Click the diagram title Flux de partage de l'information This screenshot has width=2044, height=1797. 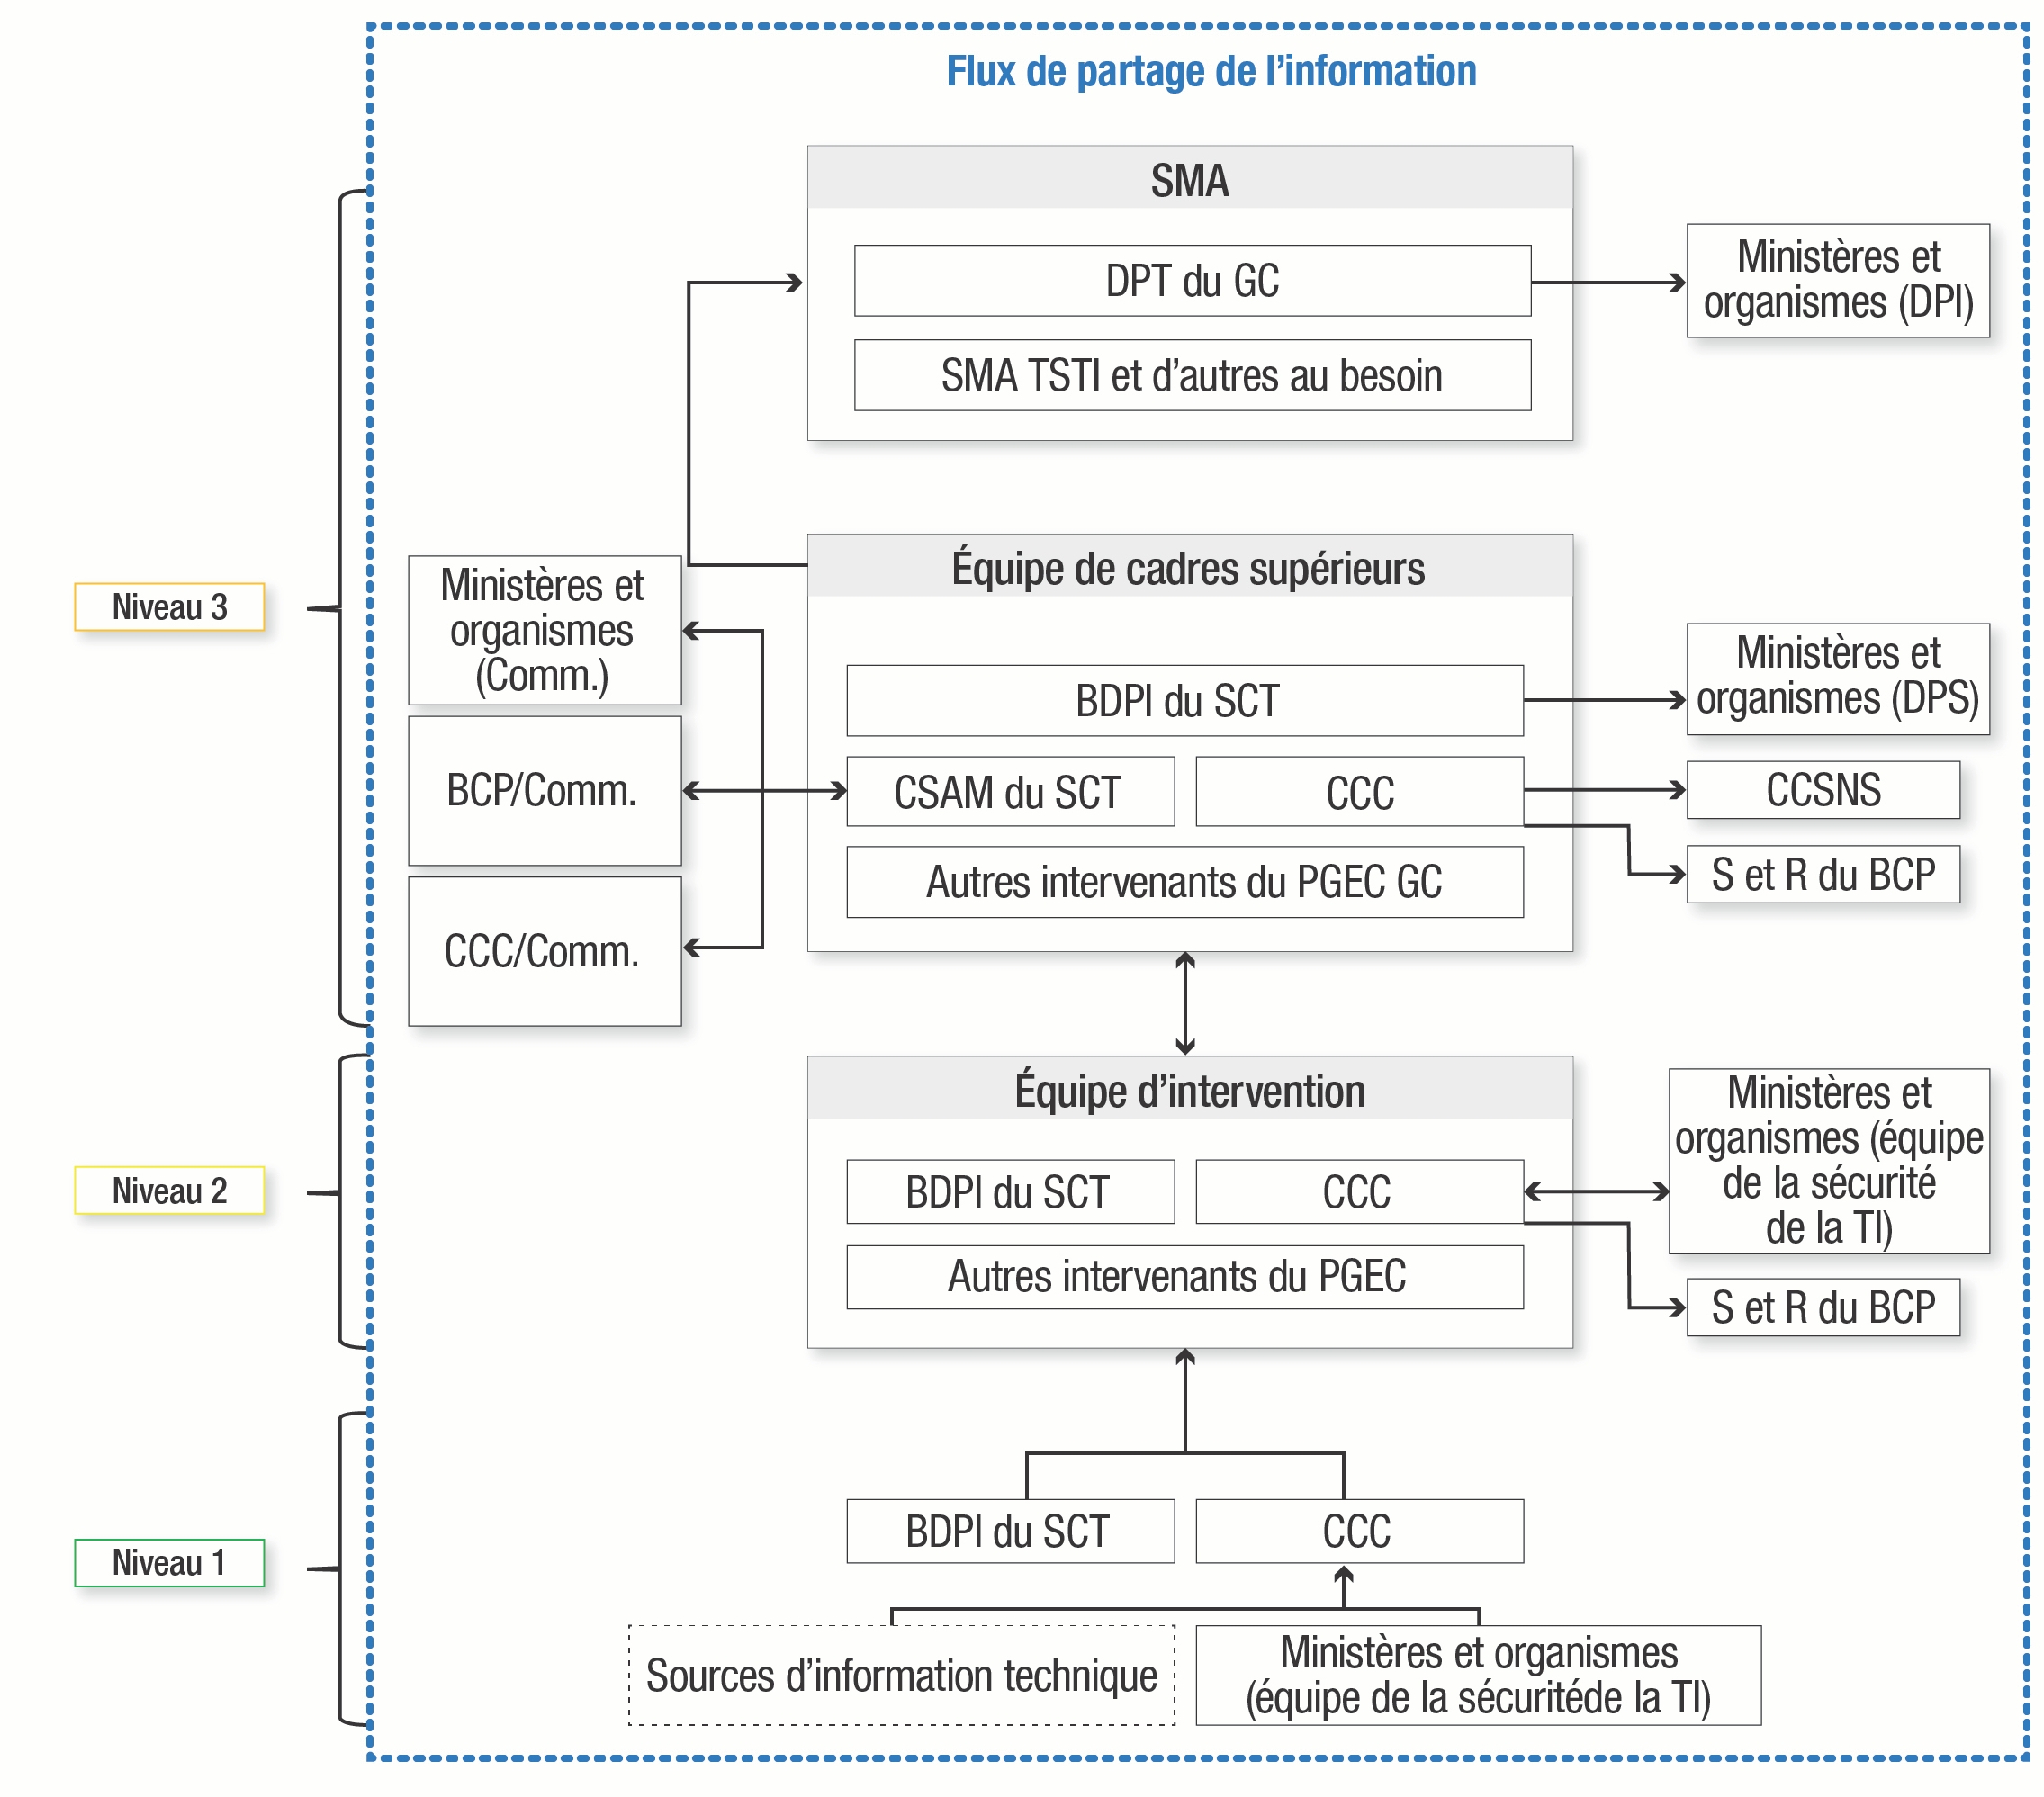1210,72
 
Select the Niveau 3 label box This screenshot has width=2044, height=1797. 169,607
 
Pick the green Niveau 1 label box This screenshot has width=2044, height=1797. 169,1562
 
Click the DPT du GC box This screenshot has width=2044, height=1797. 1192,281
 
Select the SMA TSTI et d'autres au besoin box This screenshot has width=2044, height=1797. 1192,376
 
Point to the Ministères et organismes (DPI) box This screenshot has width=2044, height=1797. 1837,281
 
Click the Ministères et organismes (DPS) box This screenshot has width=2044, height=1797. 1837,679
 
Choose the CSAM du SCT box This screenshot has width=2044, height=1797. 1010,792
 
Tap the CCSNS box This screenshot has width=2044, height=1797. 1822,790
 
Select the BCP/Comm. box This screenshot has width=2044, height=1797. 544,791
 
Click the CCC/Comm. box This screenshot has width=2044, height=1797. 544,951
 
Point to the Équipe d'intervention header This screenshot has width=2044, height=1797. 1189,1090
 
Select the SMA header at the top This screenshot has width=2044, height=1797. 1189,180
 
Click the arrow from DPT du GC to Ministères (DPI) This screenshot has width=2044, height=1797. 1608,283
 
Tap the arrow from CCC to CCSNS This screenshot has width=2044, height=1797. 1604,790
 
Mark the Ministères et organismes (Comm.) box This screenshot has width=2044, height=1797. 544,631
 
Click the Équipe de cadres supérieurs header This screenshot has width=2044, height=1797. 1189,568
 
